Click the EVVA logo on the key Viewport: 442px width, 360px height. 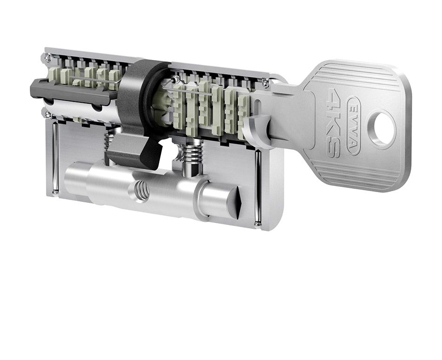[x=353, y=126]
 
